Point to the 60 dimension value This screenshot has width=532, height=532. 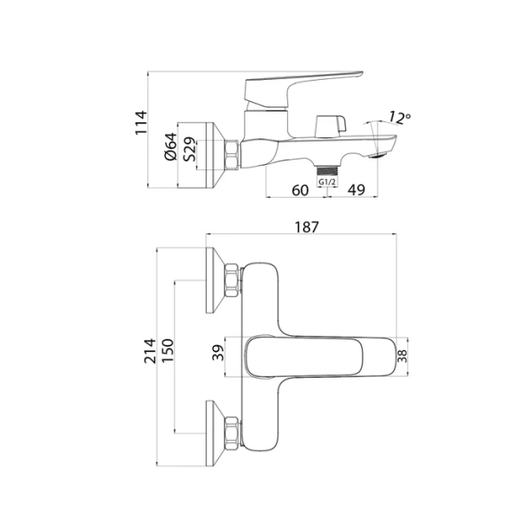pos(300,189)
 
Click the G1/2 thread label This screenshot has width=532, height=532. pos(327,182)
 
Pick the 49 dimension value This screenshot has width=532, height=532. pos(357,189)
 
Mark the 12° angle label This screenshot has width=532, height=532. pos(399,118)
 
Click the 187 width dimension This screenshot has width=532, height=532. pos(304,228)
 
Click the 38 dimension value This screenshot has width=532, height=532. pos(402,356)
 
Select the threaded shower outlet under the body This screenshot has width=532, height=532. pos(329,168)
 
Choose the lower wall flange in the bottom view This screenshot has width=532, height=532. pos(214,429)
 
